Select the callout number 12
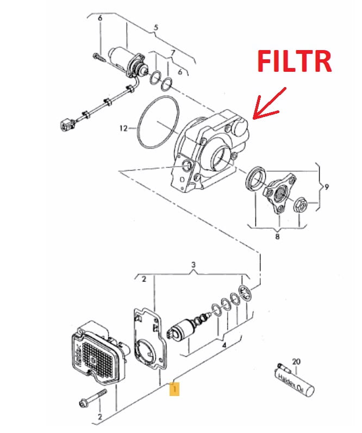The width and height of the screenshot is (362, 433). click(123, 129)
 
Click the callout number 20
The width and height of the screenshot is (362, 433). click(296, 361)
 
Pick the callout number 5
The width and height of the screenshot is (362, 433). click(156, 27)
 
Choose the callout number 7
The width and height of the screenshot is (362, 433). click(173, 53)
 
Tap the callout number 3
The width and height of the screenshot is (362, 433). click(192, 265)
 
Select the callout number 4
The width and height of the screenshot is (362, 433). click(223, 345)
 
